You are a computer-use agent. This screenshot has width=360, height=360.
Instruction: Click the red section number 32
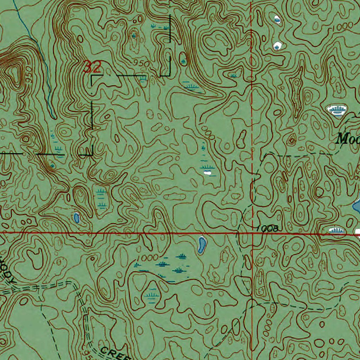click(x=92, y=66)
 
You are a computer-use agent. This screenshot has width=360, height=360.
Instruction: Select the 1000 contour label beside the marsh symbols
click(x=148, y=257)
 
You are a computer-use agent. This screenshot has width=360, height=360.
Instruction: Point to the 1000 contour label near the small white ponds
click(x=343, y=26)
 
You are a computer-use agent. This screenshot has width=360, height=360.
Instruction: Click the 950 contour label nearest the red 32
click(x=141, y=63)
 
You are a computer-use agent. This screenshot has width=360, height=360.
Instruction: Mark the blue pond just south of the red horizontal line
click(x=201, y=245)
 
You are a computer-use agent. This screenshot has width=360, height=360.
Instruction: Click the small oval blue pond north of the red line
click(x=76, y=218)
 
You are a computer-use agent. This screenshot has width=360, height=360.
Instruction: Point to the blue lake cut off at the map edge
click(x=356, y=207)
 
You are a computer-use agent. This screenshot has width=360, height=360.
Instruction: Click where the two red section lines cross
click(x=252, y=233)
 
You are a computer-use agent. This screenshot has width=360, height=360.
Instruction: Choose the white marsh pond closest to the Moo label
click(x=336, y=110)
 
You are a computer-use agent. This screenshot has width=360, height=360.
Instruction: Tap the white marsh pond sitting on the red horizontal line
click(x=336, y=231)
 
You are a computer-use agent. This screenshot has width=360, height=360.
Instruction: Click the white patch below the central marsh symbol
click(x=208, y=172)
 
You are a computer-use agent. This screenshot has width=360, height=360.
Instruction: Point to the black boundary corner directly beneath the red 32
click(x=92, y=76)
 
